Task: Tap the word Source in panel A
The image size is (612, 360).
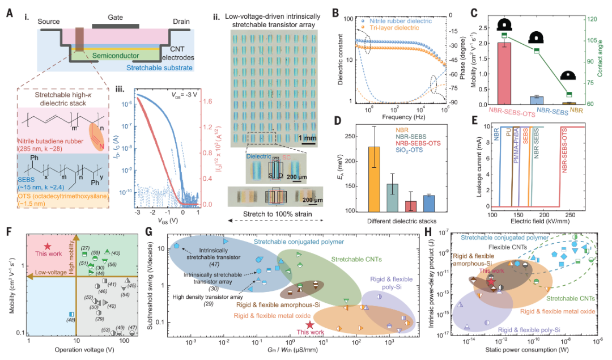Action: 49,22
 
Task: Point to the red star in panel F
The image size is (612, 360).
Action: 48,246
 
